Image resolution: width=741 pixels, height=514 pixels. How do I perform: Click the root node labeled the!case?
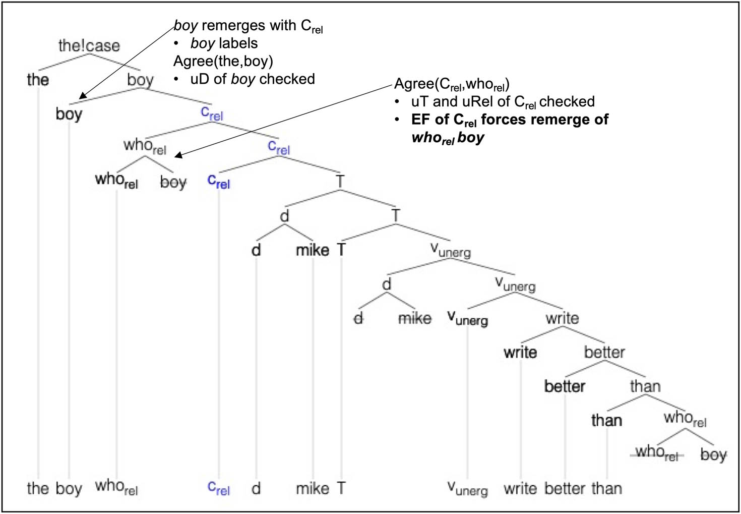tap(89, 46)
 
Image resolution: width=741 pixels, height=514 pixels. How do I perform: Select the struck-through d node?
tap(358, 318)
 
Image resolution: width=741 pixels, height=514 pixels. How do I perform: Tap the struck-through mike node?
tap(414, 318)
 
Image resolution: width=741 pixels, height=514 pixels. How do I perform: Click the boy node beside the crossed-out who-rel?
tap(713, 454)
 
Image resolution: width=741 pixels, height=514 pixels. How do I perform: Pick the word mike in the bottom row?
tap(313, 488)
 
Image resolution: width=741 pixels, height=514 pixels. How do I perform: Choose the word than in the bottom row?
tap(606, 488)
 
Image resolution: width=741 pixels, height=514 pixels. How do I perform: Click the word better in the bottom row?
tap(565, 488)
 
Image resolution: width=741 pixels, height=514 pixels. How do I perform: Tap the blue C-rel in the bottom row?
tap(219, 488)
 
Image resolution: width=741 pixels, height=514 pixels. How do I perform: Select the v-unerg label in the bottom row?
tap(467, 488)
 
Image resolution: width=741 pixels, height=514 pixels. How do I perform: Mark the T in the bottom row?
tap(341, 488)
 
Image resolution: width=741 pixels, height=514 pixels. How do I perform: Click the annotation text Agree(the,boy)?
tap(223, 61)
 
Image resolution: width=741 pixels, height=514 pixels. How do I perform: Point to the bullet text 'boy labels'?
tap(224, 43)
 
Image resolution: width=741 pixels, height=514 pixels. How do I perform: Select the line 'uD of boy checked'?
tap(252, 79)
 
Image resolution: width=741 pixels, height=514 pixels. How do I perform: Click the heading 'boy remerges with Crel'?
tap(248, 26)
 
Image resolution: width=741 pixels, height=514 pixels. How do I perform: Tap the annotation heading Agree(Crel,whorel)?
tap(452, 84)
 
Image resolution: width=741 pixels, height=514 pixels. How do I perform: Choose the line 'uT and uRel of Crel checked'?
tap(503, 102)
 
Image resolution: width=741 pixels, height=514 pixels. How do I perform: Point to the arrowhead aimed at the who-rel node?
tap(177, 156)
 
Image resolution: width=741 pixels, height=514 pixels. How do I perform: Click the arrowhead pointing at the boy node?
tap(82, 96)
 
